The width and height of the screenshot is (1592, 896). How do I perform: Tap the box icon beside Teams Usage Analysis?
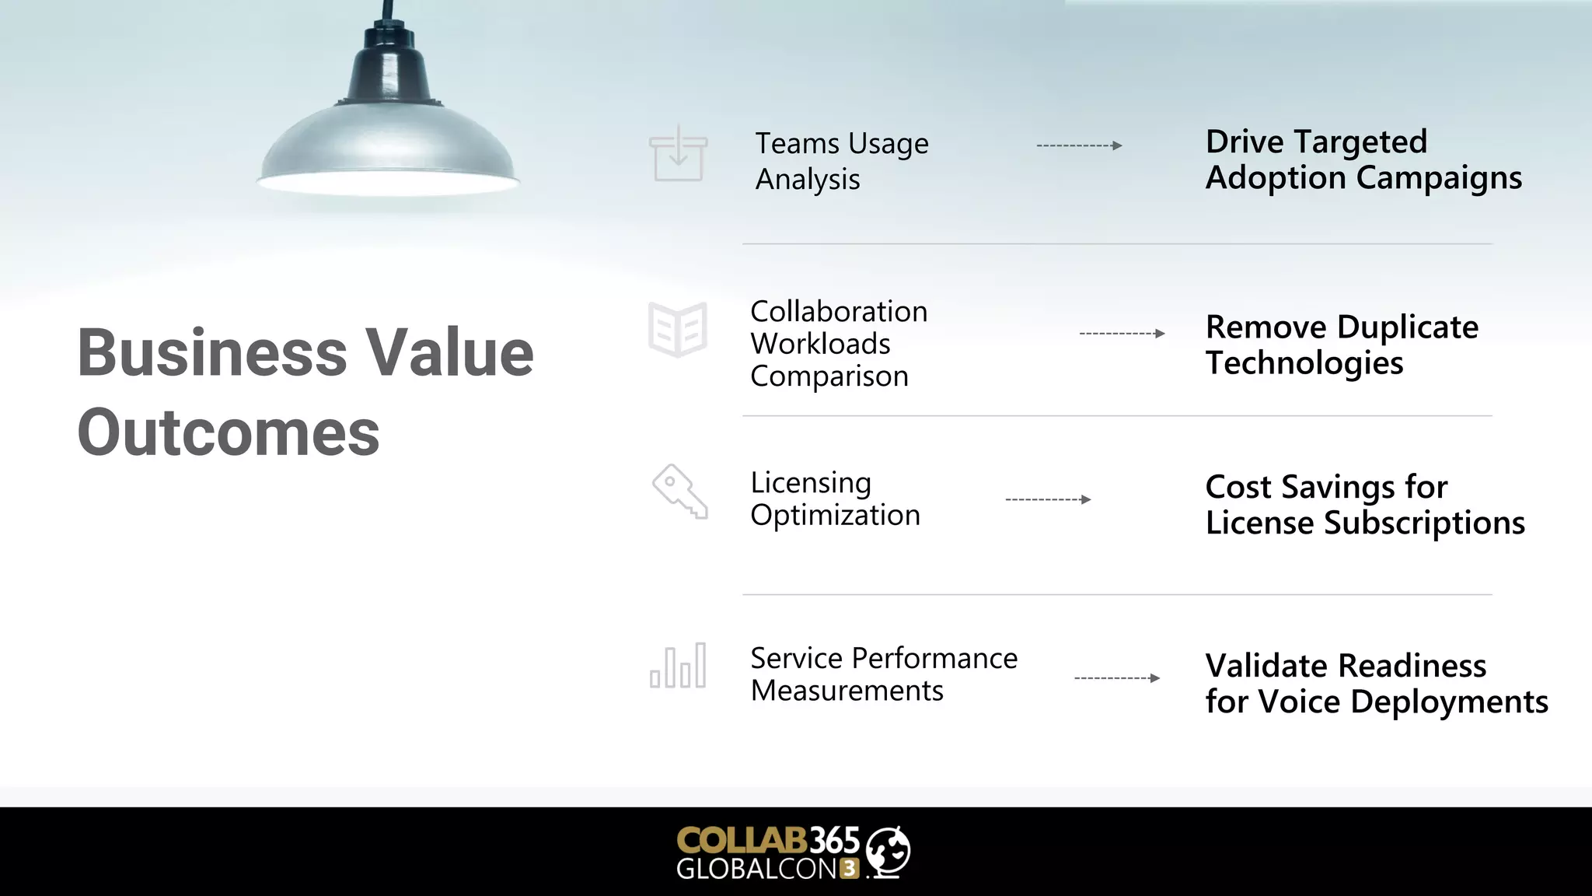tap(679, 155)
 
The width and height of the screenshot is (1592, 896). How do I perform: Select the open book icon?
tap(678, 330)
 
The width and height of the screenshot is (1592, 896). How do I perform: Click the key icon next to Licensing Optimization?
tap(679, 492)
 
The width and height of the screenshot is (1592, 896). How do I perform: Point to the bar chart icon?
tap(678, 667)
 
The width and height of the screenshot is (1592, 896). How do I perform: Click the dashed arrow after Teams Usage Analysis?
tap(1079, 145)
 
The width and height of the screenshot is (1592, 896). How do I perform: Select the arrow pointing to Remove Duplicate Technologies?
tap(1122, 334)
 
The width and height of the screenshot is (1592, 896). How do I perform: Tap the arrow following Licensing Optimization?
tap(1048, 499)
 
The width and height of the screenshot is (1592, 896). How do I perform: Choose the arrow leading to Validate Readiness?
tap(1117, 678)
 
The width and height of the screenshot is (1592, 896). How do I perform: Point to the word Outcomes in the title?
tap(229, 432)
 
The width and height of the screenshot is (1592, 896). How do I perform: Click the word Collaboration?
tap(839, 312)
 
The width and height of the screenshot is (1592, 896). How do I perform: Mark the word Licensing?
tap(811, 484)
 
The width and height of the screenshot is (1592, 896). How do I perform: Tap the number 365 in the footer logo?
tap(835, 840)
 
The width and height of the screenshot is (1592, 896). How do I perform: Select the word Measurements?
tap(847, 691)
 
